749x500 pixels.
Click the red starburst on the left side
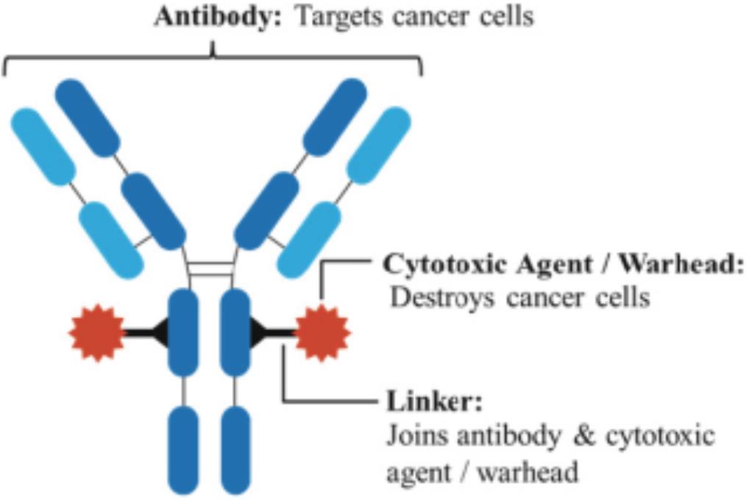pyautogui.click(x=97, y=333)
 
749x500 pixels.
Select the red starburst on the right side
pyautogui.click(x=322, y=333)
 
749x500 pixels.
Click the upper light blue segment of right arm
pyautogui.click(x=378, y=145)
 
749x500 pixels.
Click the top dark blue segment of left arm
pyautogui.click(x=87, y=117)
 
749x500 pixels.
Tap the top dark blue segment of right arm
pyautogui.click(x=334, y=117)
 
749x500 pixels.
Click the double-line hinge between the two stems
pyautogui.click(x=210, y=270)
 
